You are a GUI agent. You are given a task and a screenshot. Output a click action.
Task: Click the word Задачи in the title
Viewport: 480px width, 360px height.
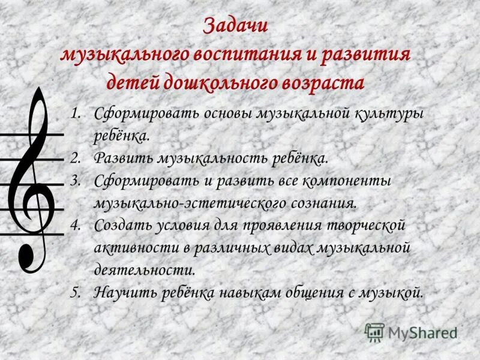pyautogui.click(x=236, y=27)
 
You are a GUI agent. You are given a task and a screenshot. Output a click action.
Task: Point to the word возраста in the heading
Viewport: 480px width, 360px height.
pyautogui.click(x=326, y=82)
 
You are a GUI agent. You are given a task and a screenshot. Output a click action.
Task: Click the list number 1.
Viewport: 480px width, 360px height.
pyautogui.click(x=74, y=113)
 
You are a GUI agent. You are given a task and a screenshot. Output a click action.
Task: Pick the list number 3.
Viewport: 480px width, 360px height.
pyautogui.click(x=74, y=181)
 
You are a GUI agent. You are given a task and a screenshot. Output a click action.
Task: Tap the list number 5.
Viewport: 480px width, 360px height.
pyautogui.click(x=74, y=293)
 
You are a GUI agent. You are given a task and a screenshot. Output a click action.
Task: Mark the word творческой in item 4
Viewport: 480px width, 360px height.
pyautogui.click(x=362, y=226)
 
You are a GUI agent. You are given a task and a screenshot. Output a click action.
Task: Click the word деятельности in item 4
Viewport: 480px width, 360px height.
pyautogui.click(x=145, y=270)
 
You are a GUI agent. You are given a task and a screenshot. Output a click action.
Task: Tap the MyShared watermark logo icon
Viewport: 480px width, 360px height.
pyautogui.click(x=374, y=332)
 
